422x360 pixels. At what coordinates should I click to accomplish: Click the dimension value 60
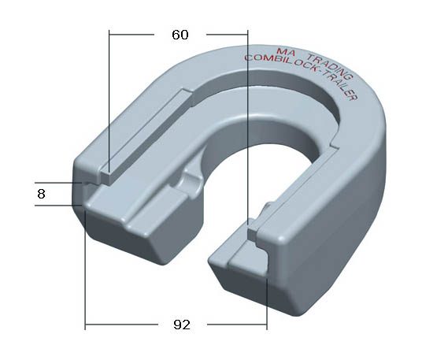180,35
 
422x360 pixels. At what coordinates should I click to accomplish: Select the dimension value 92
182,324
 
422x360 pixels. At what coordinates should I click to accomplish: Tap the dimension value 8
41,193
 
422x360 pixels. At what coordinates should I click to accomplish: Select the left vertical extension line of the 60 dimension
109,95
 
